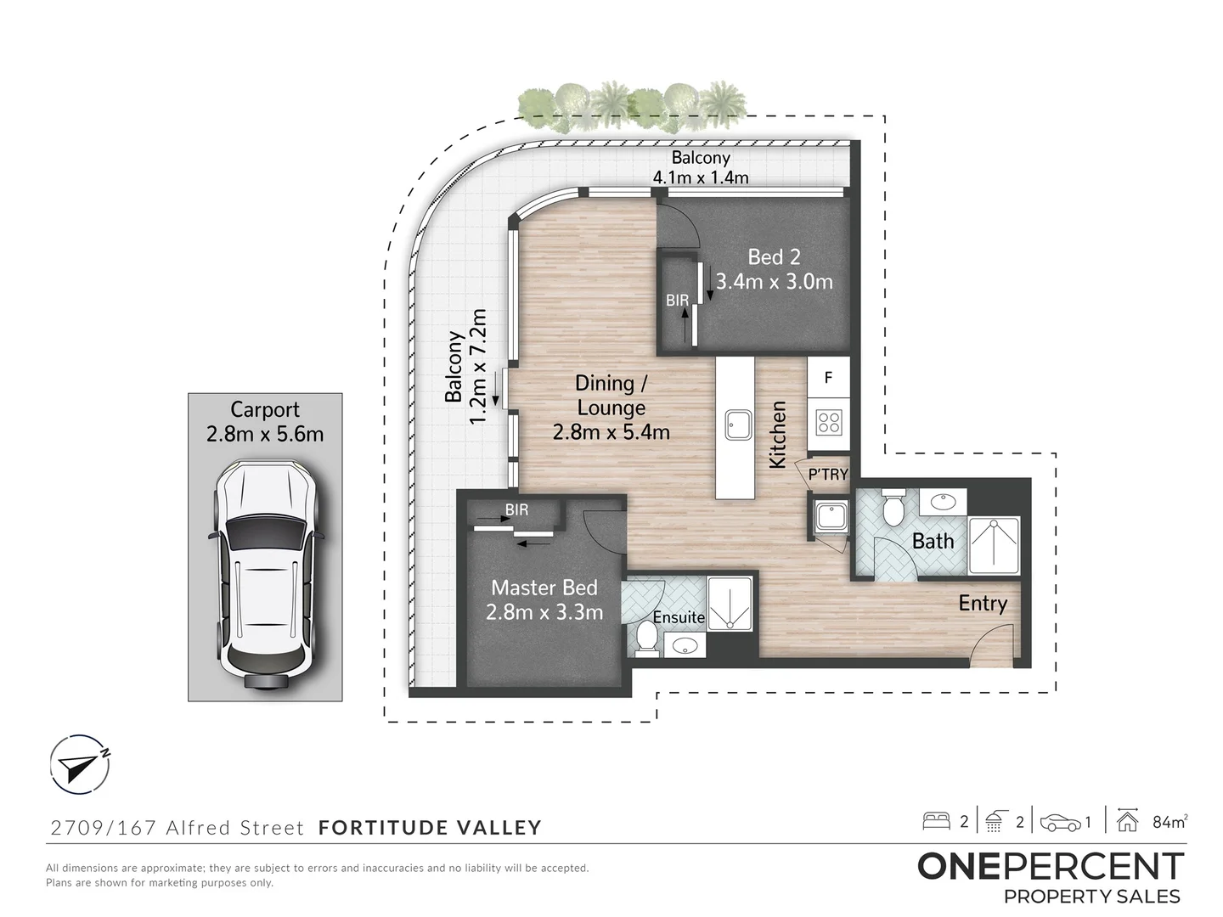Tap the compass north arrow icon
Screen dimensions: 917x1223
tap(78, 763)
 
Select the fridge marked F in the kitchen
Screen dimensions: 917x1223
tap(828, 378)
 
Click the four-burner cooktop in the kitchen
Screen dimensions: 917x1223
tap(828, 422)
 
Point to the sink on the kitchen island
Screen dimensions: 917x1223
tap(735, 424)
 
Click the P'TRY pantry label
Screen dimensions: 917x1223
tap(827, 475)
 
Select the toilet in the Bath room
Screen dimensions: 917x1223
tap(893, 509)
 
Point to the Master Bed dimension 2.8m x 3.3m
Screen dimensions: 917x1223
tap(544, 611)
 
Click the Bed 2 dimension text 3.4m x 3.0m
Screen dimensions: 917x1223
tap(774, 281)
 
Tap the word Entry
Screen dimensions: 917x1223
tap(983, 603)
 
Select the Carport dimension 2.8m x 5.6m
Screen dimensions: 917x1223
tap(265, 434)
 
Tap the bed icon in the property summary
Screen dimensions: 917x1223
tap(936, 821)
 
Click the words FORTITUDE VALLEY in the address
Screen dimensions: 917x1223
tap(430, 827)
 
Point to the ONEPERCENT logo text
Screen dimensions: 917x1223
tap(1050, 867)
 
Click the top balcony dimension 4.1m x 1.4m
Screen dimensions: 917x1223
tap(701, 177)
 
